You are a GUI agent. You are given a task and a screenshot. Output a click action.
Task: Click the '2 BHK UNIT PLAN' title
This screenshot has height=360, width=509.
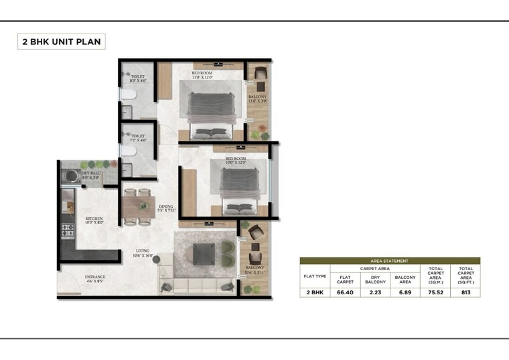point(61,42)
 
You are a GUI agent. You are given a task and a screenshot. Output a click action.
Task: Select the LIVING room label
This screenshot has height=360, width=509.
point(143,253)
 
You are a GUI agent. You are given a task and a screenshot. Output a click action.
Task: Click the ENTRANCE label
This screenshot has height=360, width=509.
point(94,278)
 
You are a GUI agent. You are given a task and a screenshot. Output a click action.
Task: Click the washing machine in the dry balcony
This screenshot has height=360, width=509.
point(69,176)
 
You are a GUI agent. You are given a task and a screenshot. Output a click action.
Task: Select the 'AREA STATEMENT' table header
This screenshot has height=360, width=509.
point(389,261)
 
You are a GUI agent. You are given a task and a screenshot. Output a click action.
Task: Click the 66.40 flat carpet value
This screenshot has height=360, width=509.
point(346,292)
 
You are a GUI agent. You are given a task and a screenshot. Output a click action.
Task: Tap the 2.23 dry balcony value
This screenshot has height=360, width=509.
point(376,292)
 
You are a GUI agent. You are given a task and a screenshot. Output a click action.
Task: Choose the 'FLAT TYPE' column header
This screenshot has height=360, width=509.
point(315,276)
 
